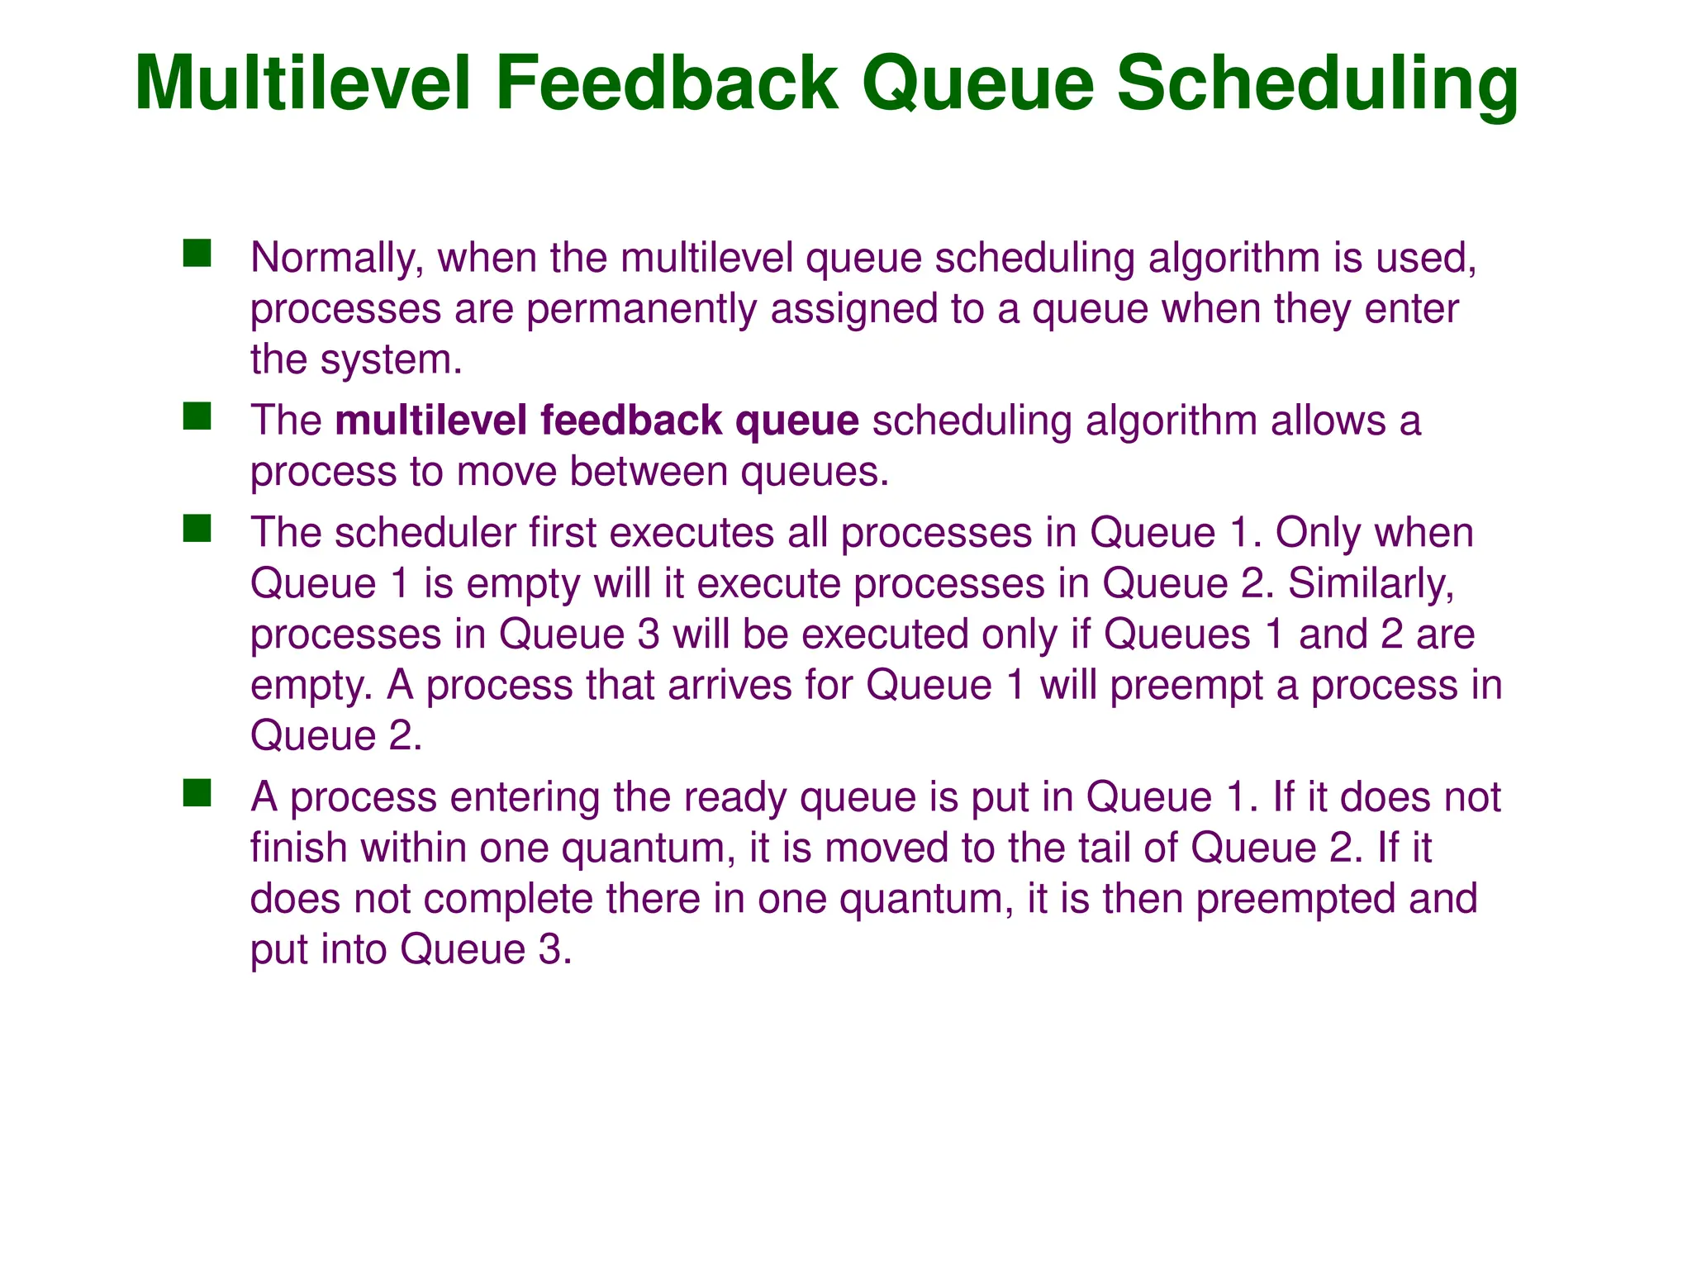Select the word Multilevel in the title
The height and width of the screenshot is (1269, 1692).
click(x=302, y=83)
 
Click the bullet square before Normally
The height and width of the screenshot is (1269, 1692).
click(x=197, y=253)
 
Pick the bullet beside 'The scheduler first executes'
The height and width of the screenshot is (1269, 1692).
click(x=197, y=528)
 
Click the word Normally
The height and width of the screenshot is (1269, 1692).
click(x=336, y=258)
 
